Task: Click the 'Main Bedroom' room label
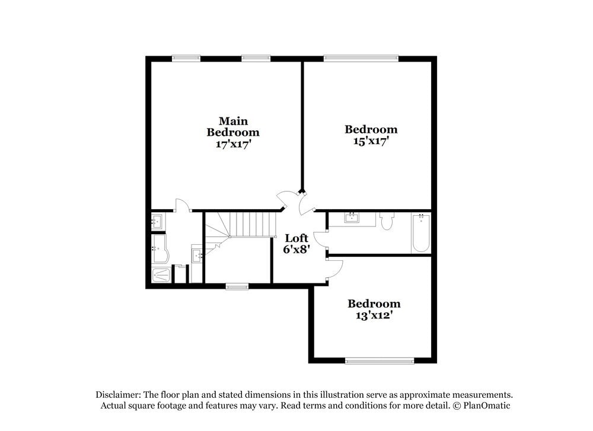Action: tap(232, 126)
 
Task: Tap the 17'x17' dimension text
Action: tap(232, 143)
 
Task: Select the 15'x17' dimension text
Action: tap(371, 141)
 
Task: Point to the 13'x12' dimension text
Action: tap(374, 315)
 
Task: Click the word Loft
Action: tap(296, 238)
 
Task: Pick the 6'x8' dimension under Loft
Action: tap(296, 250)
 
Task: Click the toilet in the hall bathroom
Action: tap(387, 221)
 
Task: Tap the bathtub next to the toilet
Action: tap(420, 233)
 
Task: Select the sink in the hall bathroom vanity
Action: tap(353, 218)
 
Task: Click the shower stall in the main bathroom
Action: tap(161, 275)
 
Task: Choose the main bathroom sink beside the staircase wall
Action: tap(197, 256)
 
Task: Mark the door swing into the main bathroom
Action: tap(182, 205)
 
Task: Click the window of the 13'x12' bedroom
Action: tap(380, 360)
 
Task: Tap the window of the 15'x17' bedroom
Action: tap(361, 59)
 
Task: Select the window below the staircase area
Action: tap(237, 287)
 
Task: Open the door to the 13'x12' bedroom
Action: tap(334, 269)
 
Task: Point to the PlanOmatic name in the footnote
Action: tap(486, 406)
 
